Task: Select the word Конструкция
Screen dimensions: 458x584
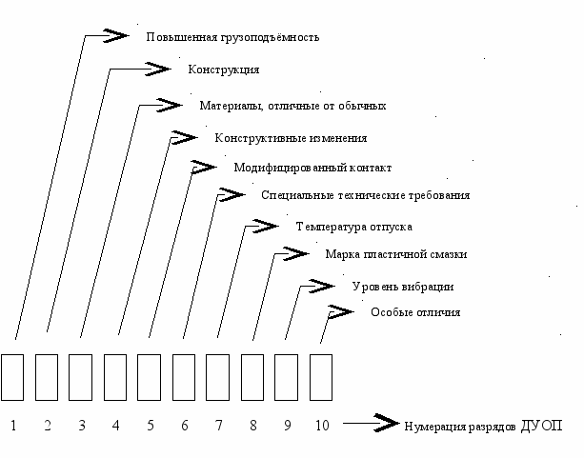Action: [224, 70]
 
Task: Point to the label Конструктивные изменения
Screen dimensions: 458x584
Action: [291, 138]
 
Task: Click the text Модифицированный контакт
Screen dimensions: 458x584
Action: [312, 168]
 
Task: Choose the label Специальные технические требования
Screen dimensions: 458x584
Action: [365, 195]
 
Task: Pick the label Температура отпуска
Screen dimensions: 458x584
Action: [353, 228]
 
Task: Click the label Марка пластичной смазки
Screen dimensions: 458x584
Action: [395, 254]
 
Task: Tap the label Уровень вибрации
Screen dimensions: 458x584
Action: [402, 287]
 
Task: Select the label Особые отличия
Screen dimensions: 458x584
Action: [415, 312]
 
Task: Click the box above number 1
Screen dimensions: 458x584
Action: [12, 376]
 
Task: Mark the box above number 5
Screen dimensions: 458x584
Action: [150, 376]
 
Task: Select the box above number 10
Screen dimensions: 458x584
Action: [321, 376]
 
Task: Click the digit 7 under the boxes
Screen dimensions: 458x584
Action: [219, 426]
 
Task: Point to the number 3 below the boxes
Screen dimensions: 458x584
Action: [82, 426]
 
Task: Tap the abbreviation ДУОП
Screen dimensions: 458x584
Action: [542, 425]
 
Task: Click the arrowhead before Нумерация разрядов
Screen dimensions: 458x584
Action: [385, 423]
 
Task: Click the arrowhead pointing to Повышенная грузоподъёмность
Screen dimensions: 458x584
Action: [115, 35]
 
